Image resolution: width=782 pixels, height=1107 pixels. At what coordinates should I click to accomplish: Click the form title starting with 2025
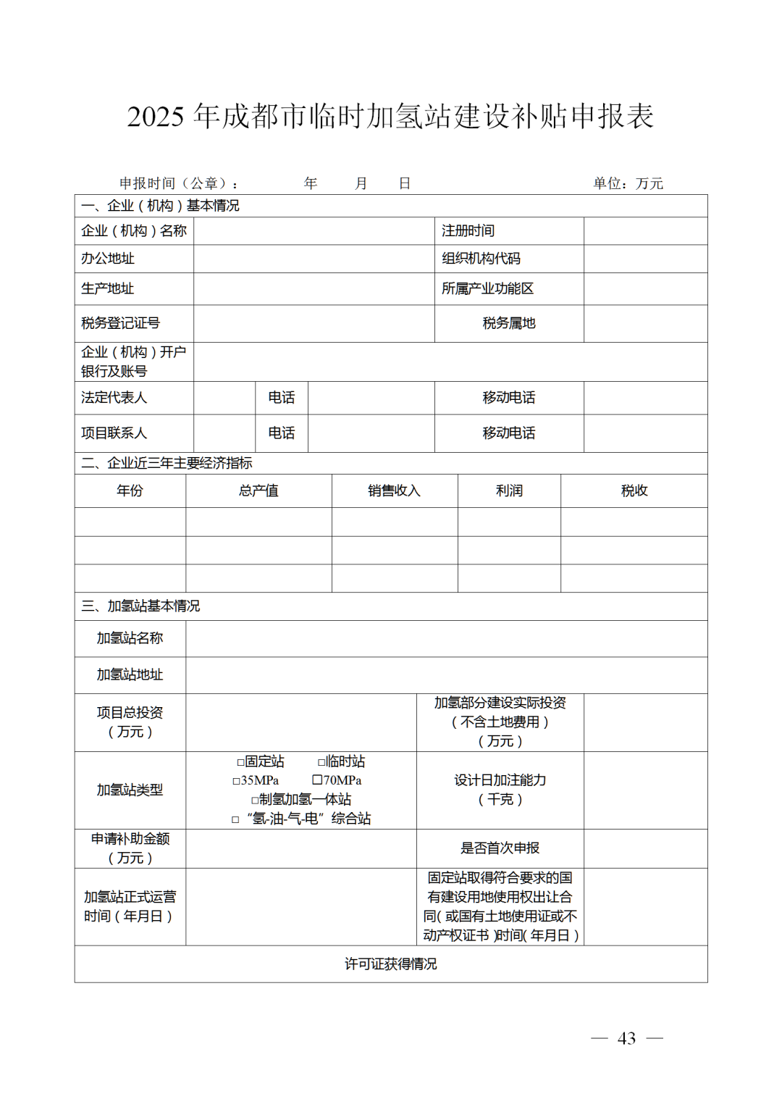click(x=390, y=117)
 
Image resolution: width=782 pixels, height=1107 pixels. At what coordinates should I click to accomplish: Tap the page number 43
click(x=626, y=1038)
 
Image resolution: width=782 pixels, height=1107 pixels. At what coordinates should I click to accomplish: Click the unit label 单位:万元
click(x=628, y=183)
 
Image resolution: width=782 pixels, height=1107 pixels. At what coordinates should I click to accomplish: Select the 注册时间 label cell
click(x=468, y=231)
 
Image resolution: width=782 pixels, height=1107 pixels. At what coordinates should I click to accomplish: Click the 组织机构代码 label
click(x=482, y=259)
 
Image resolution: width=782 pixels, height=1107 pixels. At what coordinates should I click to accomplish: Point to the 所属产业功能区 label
click(x=488, y=288)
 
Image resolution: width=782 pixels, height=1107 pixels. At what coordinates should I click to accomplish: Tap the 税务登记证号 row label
click(x=120, y=323)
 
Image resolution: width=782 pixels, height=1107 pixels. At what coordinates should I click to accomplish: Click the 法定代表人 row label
click(x=114, y=398)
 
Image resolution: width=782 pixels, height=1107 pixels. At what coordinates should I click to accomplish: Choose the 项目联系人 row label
click(x=114, y=433)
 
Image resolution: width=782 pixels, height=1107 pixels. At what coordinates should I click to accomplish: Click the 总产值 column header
click(x=258, y=490)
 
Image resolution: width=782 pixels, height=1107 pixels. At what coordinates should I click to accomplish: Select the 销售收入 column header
click(x=394, y=490)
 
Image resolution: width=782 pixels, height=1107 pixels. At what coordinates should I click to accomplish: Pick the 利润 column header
click(x=509, y=490)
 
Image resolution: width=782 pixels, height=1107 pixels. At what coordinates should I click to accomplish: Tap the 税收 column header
click(x=634, y=490)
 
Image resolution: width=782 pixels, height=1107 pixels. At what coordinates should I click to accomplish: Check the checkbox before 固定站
click(x=240, y=762)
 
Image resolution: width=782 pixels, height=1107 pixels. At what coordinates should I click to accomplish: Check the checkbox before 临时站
click(x=321, y=762)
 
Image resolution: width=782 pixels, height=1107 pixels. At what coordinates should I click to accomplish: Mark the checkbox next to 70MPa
click(x=317, y=780)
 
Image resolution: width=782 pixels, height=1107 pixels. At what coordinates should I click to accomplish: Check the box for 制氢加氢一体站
click(x=255, y=800)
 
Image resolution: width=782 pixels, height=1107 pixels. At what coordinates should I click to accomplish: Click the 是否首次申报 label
click(x=500, y=848)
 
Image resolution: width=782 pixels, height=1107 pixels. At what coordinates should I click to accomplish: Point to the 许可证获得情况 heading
click(x=390, y=964)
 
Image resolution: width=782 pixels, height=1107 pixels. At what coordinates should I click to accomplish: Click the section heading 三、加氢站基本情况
click(x=140, y=606)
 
